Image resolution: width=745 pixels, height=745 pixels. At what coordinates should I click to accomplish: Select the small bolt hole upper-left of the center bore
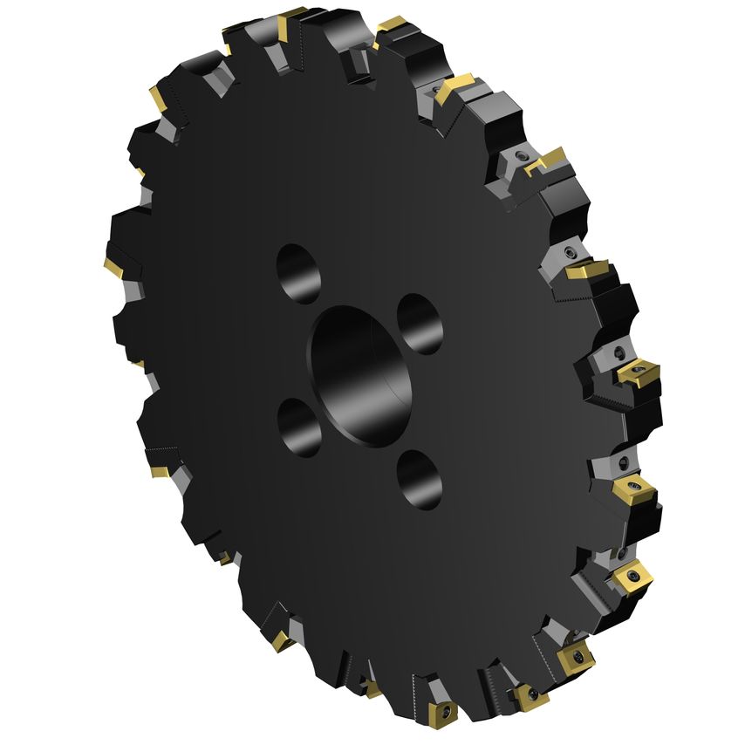[x=296, y=270]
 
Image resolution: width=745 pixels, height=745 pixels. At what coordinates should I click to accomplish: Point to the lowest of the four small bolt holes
[x=419, y=482]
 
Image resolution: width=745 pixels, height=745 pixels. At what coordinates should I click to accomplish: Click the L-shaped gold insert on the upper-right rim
[x=547, y=159]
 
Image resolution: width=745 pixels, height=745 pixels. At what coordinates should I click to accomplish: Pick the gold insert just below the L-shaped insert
[x=587, y=270]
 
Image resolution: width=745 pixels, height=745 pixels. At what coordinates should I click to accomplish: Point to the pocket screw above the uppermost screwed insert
[x=618, y=352]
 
